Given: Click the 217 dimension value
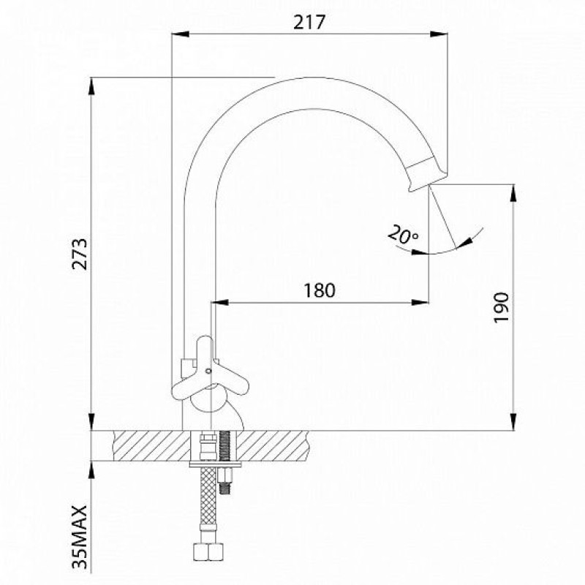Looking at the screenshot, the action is pos(309,22).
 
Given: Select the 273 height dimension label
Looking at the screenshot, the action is pos(80,254).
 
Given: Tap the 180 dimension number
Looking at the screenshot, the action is pos(320,290).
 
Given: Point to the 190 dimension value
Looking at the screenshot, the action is pos(501,308).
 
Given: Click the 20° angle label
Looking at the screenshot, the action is pos(403,235).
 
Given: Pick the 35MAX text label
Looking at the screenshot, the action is pos(80,537).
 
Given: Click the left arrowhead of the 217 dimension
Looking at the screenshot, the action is pos(180,34).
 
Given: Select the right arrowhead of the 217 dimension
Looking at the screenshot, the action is pos(439,34).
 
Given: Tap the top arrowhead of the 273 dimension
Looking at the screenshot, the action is pos(91,86).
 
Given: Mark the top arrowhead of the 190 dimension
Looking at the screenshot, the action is pos(514,193).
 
